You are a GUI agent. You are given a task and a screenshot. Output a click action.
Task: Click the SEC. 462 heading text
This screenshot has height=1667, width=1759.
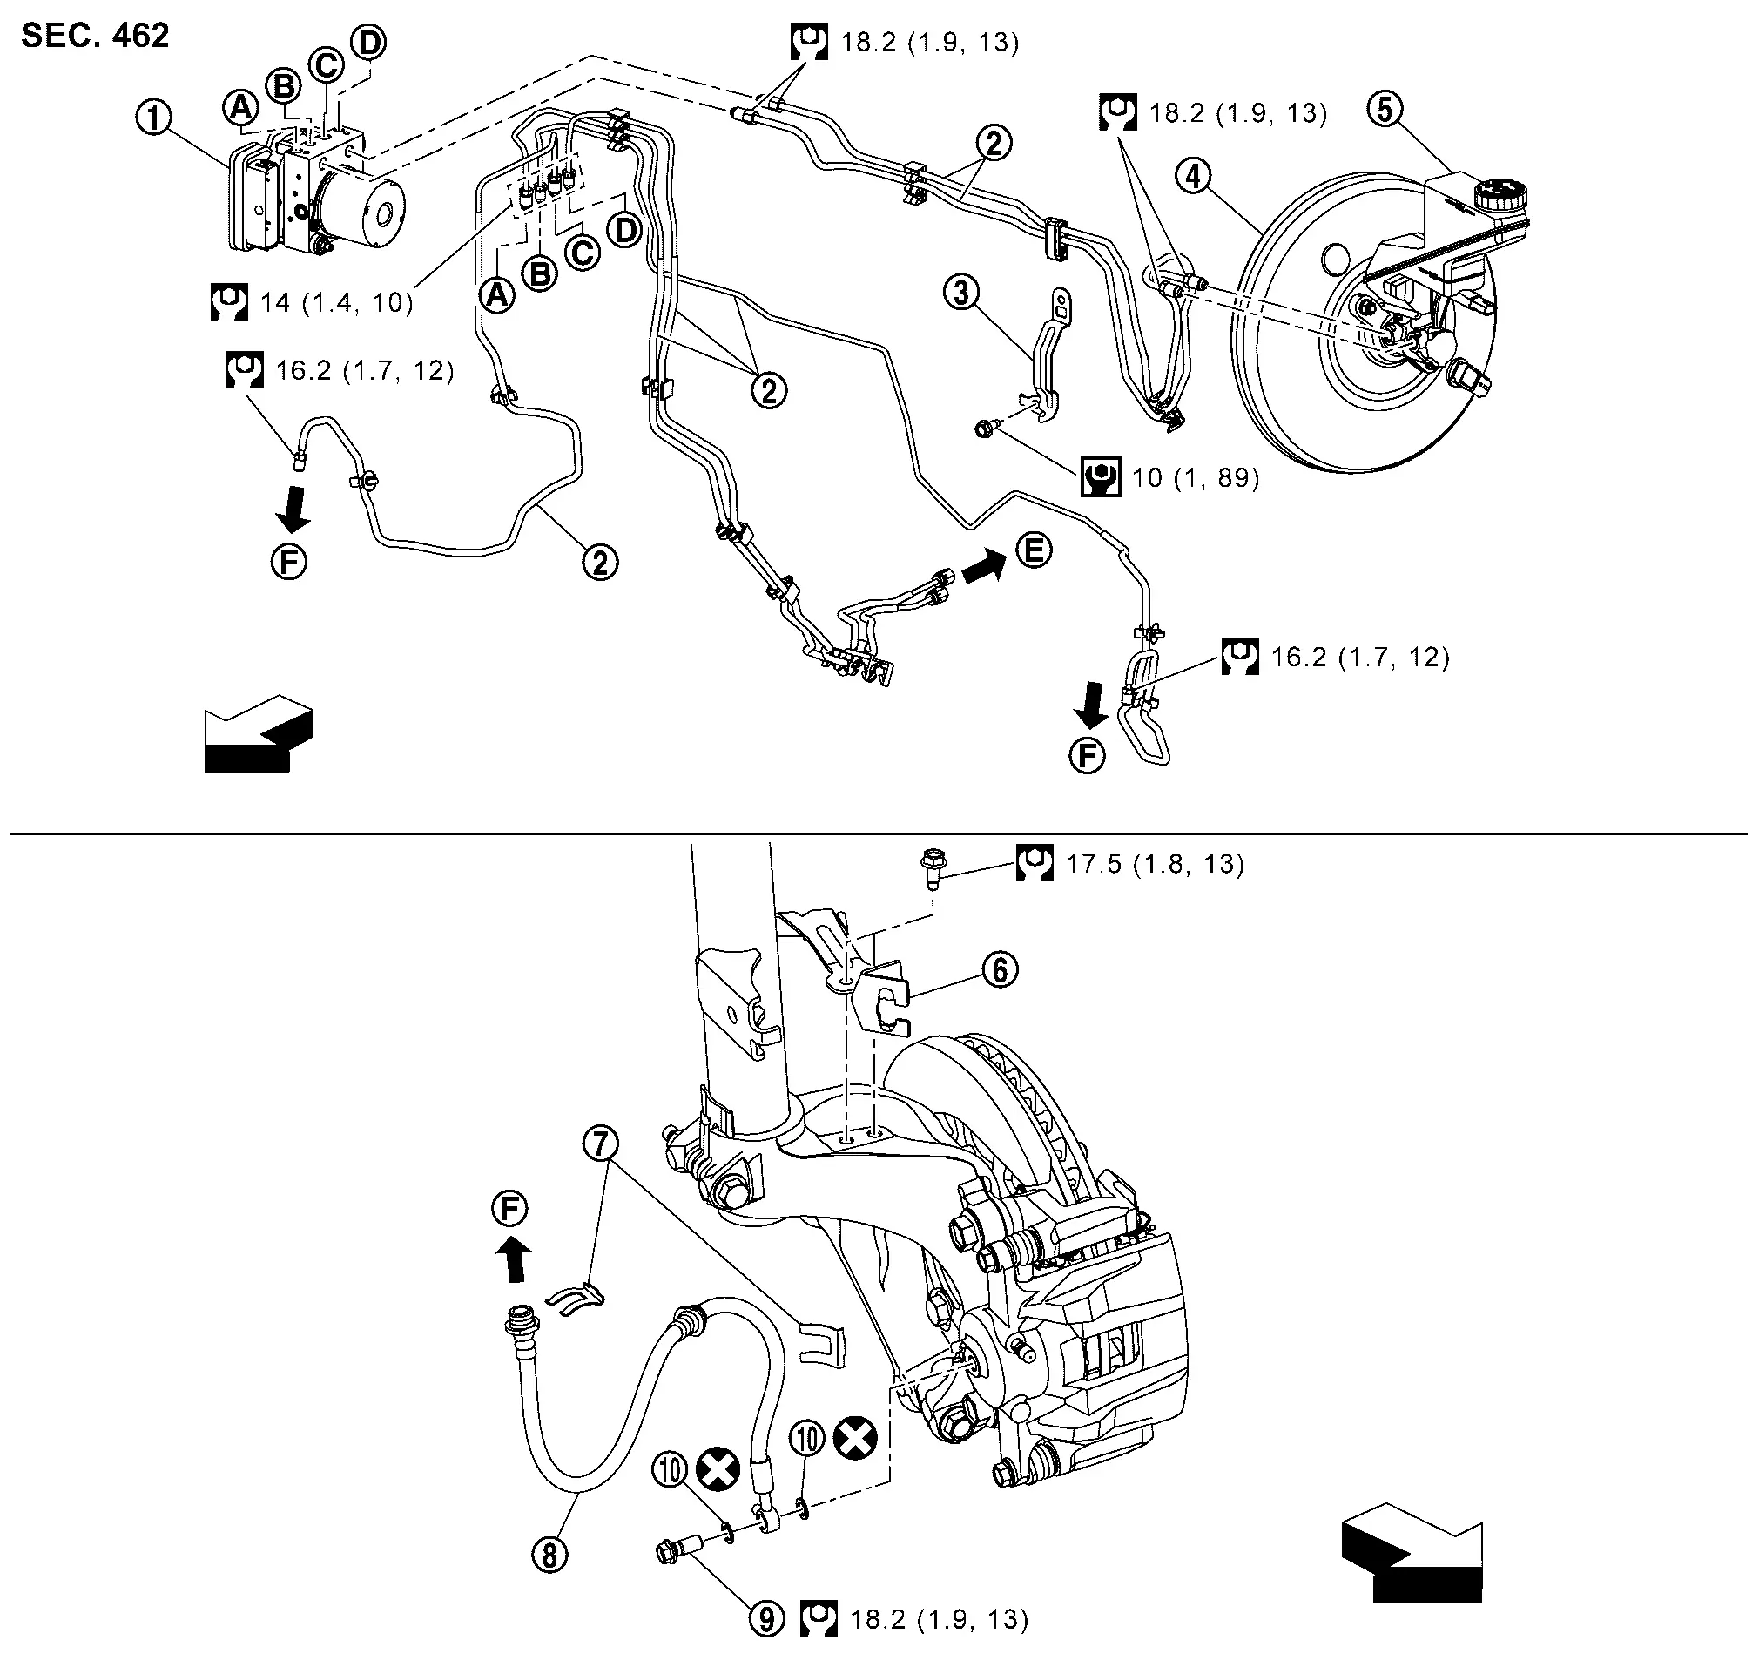point(95,36)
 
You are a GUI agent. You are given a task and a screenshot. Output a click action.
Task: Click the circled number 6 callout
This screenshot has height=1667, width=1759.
point(1001,969)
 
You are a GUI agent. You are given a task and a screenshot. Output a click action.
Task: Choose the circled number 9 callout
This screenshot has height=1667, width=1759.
point(767,1618)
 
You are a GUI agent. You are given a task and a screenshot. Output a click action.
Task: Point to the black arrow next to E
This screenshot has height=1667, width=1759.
point(983,566)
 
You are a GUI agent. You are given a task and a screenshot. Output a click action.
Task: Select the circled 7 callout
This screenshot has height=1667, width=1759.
point(602,1144)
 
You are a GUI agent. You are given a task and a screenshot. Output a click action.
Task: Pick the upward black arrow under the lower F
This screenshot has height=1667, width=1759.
point(513,1261)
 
